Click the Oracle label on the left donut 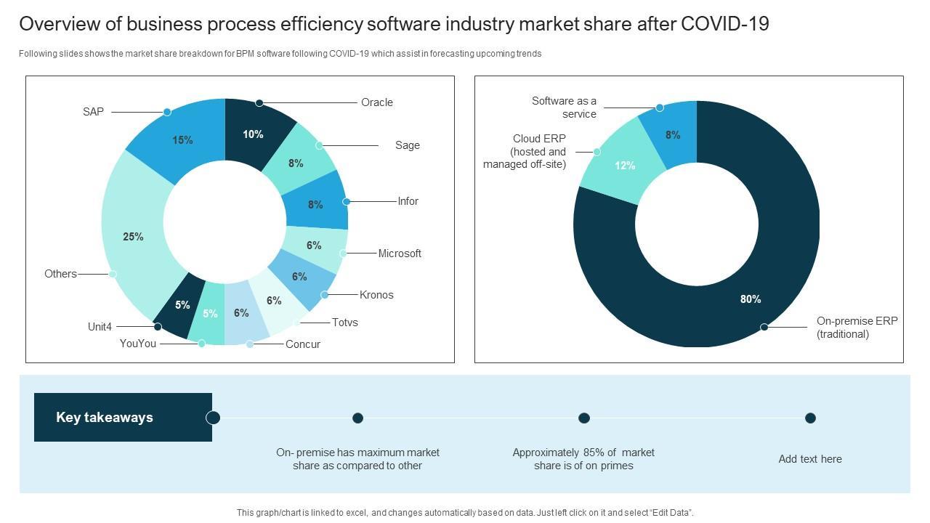tap(376, 102)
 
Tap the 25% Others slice tap(134, 236)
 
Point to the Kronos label tap(376, 295)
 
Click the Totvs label tap(344, 323)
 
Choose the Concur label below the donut tap(303, 344)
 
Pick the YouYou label tap(138, 344)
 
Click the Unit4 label tap(100, 327)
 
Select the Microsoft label tap(400, 254)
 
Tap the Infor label tap(408, 201)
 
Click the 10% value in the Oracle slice tap(253, 134)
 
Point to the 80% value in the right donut tap(751, 299)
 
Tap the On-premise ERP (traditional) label tap(857, 328)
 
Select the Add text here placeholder tap(810, 459)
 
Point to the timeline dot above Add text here tap(810, 418)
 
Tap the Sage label tap(407, 145)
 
